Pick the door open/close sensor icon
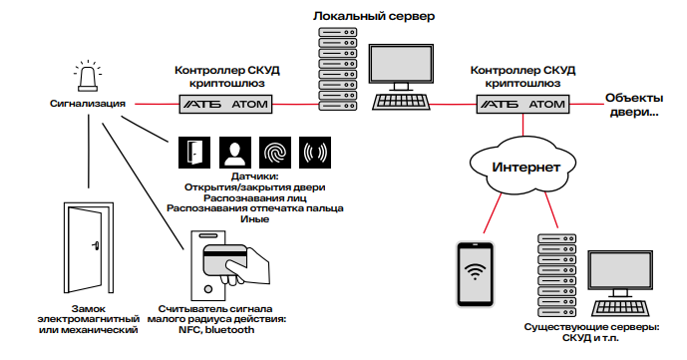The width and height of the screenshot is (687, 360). pyautogui.click(x=193, y=151)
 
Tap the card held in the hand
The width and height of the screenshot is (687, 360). pyautogui.click(x=221, y=259)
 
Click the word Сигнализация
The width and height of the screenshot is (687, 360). pyautogui.click(x=88, y=103)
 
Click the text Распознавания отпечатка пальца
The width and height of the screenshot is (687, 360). pyautogui.click(x=254, y=208)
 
